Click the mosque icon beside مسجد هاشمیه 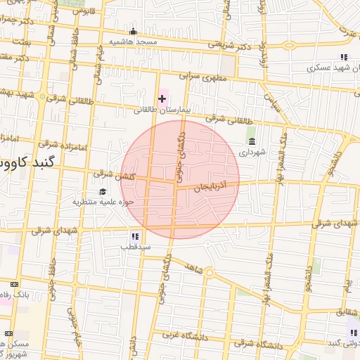click(133, 32)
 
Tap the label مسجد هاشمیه click(132, 42)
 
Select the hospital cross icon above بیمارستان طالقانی click(162, 98)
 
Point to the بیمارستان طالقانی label click(162, 110)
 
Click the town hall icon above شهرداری click(252, 141)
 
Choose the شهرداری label click(252, 152)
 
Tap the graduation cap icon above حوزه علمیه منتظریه click(103, 191)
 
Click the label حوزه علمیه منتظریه click(103, 202)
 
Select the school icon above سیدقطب click(134, 236)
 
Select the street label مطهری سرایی click(198, 72)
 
